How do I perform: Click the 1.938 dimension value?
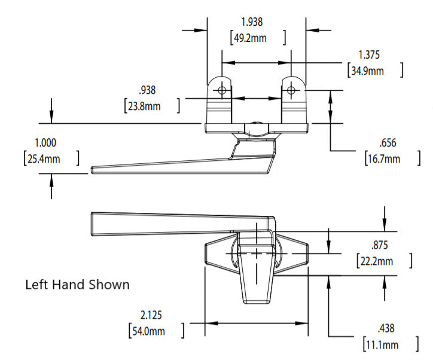point(252,22)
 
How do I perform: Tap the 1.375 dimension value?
point(370,55)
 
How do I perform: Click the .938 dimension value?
point(147,91)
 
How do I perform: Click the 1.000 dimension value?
point(47,144)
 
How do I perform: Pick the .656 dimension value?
point(388,144)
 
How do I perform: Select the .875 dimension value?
point(380,245)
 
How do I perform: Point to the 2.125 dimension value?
point(150,315)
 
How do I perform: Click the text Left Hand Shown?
point(77,285)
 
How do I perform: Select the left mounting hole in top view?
point(222,90)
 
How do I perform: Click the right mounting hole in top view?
point(291,90)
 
